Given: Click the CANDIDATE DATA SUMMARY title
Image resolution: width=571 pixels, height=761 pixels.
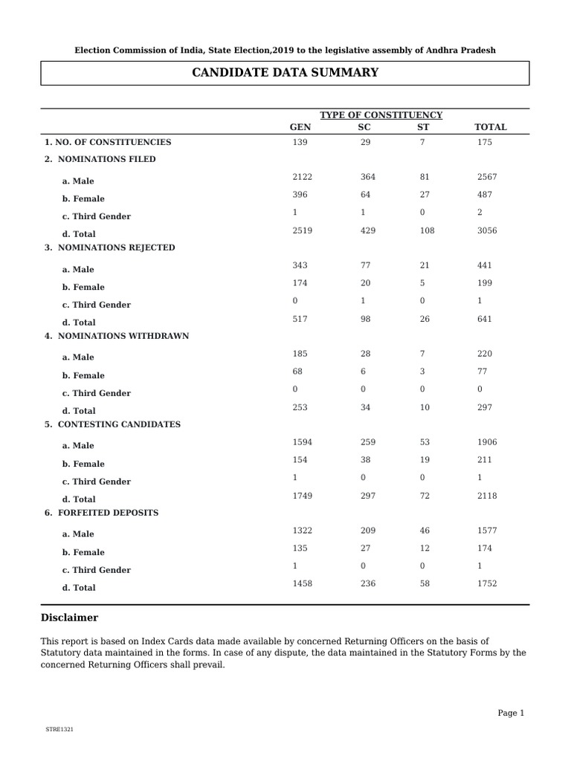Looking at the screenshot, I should [x=285, y=73].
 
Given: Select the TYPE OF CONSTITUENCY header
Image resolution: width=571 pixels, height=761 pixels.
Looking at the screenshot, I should [x=381, y=115].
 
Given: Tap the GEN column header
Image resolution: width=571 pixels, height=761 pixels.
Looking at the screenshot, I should [x=300, y=127].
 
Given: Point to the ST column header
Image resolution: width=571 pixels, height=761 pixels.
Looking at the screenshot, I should [x=423, y=127].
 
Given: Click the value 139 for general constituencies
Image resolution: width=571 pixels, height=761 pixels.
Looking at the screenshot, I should [x=300, y=142].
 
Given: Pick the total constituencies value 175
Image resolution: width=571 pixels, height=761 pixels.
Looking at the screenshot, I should [x=485, y=142].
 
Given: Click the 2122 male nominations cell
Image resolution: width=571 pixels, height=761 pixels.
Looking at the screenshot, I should [x=303, y=177].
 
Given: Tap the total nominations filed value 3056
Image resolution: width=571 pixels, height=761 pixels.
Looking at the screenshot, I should [x=487, y=230].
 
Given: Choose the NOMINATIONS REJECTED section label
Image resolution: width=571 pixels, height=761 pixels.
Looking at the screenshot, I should [x=110, y=247].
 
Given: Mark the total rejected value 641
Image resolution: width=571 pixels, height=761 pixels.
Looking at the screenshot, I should [x=485, y=319].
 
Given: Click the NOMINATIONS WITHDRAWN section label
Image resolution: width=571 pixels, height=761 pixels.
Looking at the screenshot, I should [x=117, y=336].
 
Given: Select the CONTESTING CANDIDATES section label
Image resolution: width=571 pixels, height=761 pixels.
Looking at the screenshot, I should [x=112, y=424].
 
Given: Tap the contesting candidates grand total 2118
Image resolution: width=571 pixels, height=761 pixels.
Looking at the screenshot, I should [x=487, y=496].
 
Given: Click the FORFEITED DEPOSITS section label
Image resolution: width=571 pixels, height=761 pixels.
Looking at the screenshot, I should [x=101, y=513].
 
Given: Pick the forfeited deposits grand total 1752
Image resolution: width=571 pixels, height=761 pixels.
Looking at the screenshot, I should [x=487, y=584].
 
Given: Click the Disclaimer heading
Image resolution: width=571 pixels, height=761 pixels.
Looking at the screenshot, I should [x=69, y=618].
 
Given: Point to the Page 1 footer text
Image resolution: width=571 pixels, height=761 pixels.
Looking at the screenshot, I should [x=511, y=713].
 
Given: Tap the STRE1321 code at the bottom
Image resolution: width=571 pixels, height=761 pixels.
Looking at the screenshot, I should [x=59, y=730].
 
